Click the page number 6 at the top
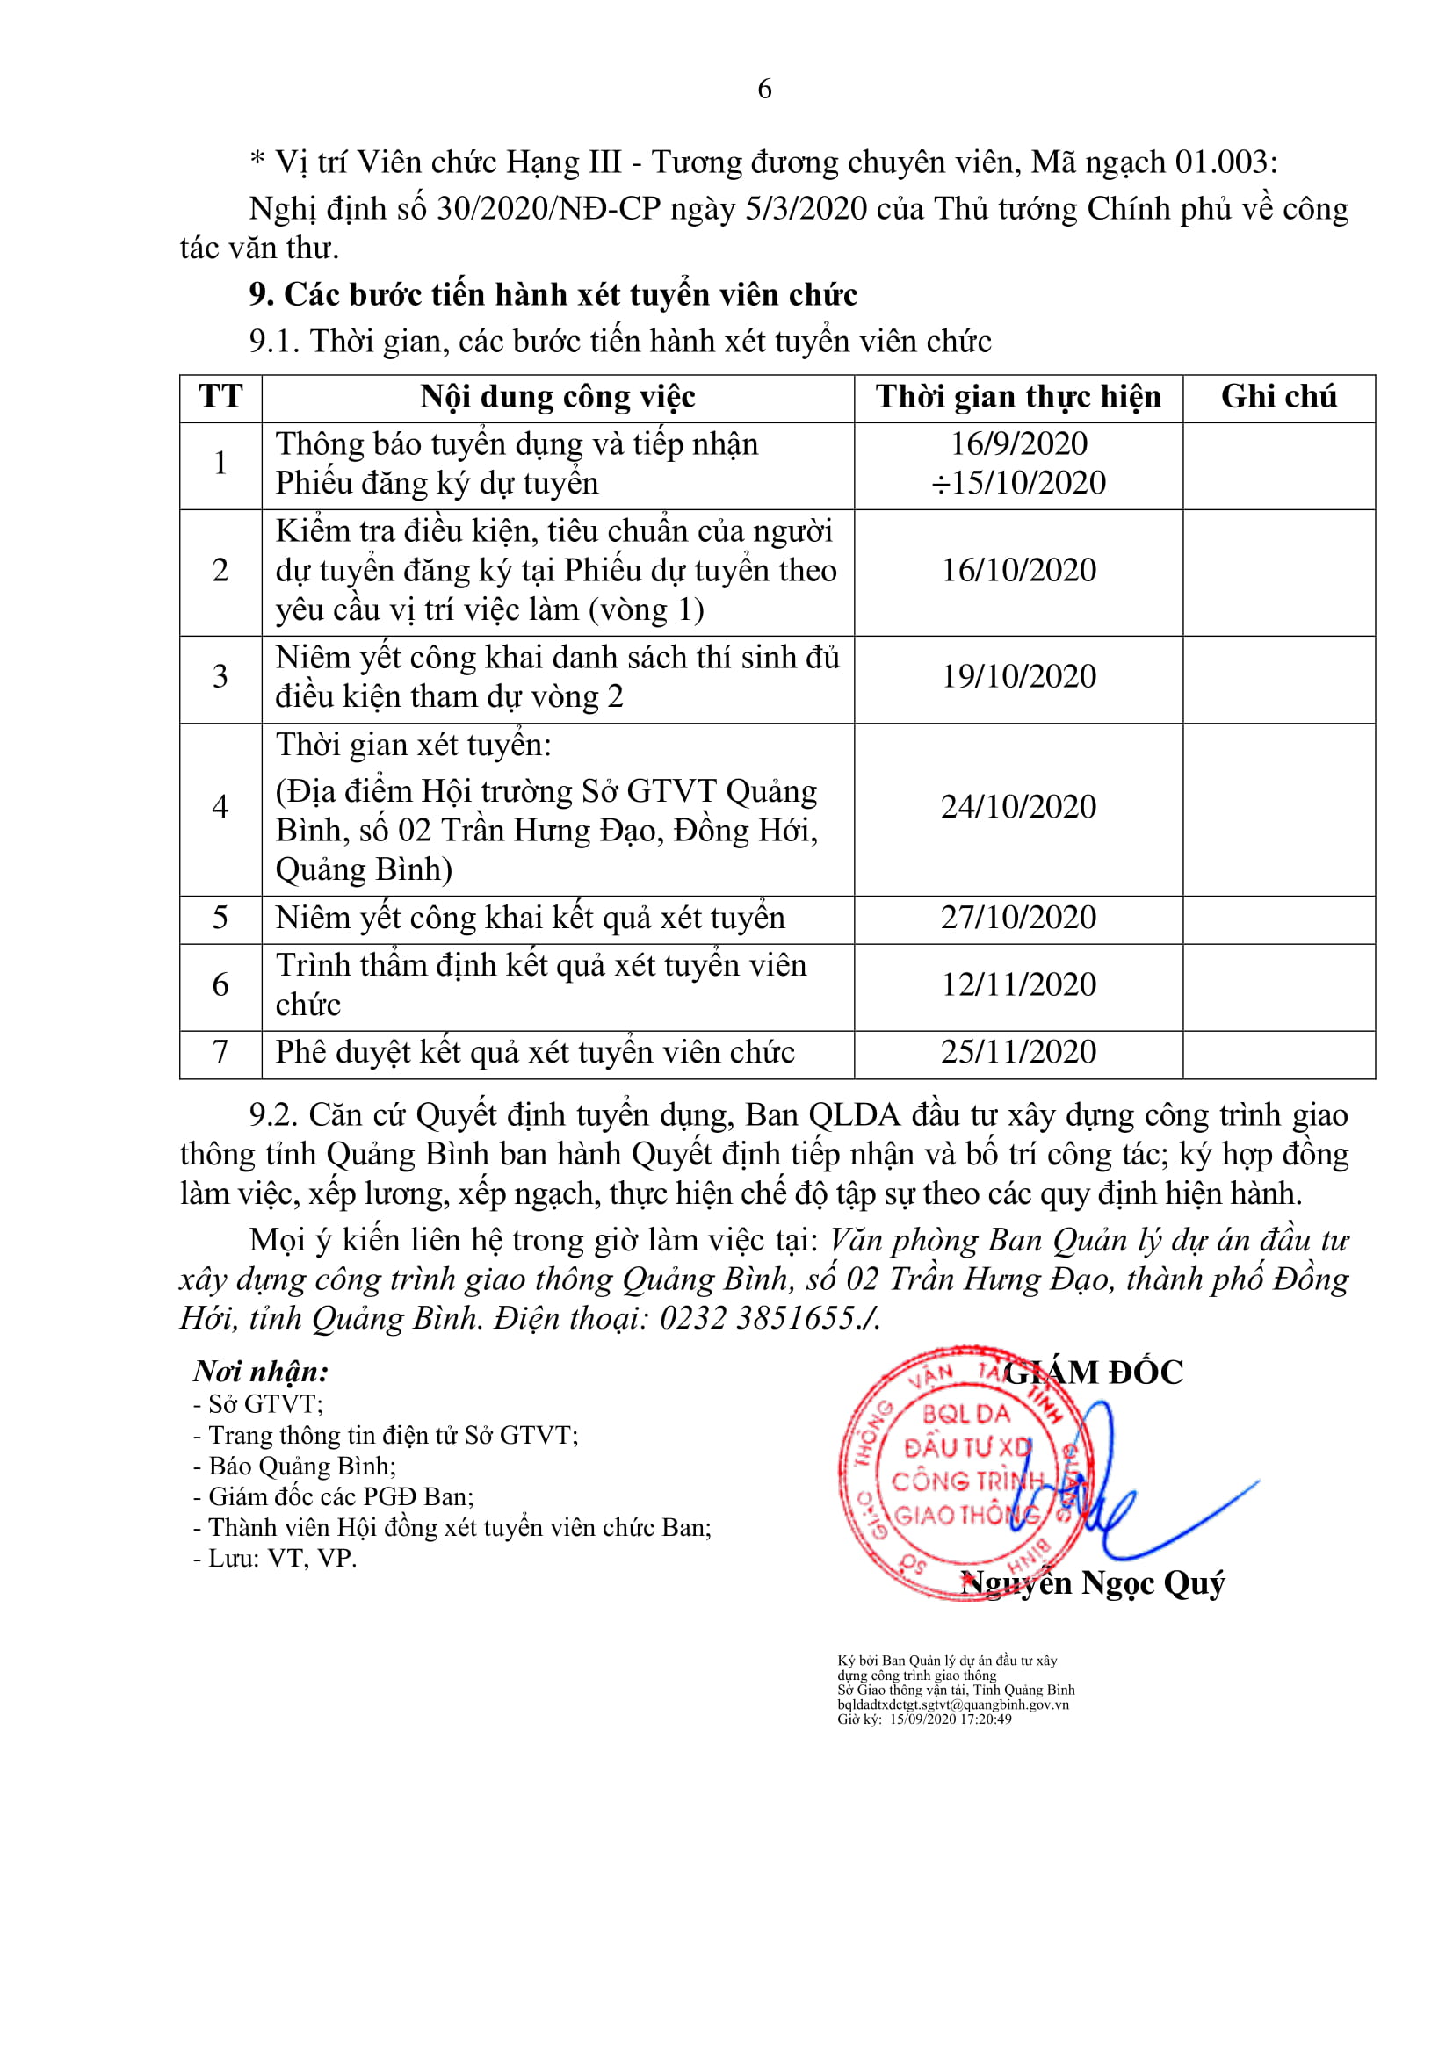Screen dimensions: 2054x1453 [x=764, y=89]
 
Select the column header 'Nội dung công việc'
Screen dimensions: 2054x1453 [x=558, y=397]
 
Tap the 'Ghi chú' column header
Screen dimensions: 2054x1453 [x=1278, y=397]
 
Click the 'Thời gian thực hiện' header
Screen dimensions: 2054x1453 [x=1018, y=397]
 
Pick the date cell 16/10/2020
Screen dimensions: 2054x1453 [x=1018, y=571]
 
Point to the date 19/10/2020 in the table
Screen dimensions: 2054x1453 [x=1018, y=677]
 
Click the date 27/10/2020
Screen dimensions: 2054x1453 [x=1018, y=918]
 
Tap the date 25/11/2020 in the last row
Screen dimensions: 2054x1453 [x=1018, y=1052]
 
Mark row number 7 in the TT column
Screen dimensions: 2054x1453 [x=220, y=1052]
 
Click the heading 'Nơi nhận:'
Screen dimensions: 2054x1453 [x=261, y=1372]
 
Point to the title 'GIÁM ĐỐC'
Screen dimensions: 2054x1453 [x=1094, y=1373]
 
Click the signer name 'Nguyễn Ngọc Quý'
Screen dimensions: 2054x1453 [x=1094, y=1583]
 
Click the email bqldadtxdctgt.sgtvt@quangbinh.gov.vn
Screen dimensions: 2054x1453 [x=953, y=1704]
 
